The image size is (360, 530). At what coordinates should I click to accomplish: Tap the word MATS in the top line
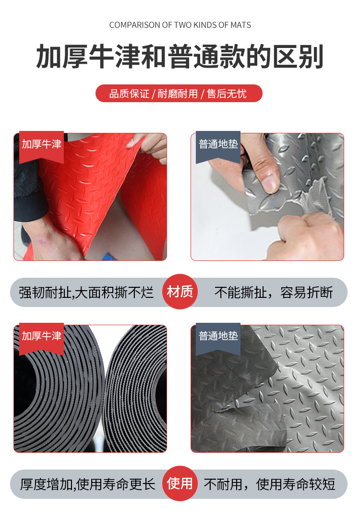(240, 25)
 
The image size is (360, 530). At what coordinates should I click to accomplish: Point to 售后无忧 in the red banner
(227, 94)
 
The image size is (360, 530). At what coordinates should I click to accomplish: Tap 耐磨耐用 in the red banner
(178, 94)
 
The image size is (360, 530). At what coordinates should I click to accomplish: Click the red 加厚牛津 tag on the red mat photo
(41, 144)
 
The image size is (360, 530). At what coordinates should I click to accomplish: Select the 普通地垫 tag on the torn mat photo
(218, 144)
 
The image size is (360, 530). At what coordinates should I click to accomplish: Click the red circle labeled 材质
(180, 292)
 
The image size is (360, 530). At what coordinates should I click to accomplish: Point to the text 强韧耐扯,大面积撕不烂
(86, 292)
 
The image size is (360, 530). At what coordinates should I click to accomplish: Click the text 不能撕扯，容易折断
(274, 292)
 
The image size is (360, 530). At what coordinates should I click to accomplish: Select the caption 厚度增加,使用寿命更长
(88, 484)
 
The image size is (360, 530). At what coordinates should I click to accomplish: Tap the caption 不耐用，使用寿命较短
(269, 484)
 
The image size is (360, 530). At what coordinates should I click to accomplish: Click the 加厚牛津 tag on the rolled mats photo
(41, 336)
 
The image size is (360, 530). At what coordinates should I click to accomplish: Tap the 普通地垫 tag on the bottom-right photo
(218, 336)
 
